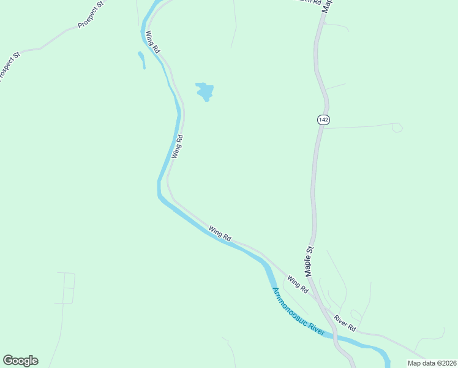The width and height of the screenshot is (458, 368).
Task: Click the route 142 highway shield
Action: [323, 120]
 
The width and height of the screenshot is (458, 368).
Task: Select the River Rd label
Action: [345, 323]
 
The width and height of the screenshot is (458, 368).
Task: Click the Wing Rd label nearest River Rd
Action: [297, 285]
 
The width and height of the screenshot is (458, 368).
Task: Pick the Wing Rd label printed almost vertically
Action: [178, 147]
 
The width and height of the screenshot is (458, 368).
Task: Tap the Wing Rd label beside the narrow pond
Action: [152, 42]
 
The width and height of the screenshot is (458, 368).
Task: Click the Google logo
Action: [20, 361]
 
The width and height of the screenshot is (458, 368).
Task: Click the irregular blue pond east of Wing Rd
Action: [205, 92]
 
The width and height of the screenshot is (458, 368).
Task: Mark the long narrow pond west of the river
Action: [141, 59]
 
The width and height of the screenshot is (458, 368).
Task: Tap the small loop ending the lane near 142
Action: [397, 128]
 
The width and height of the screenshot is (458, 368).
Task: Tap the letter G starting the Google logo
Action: [9, 361]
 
